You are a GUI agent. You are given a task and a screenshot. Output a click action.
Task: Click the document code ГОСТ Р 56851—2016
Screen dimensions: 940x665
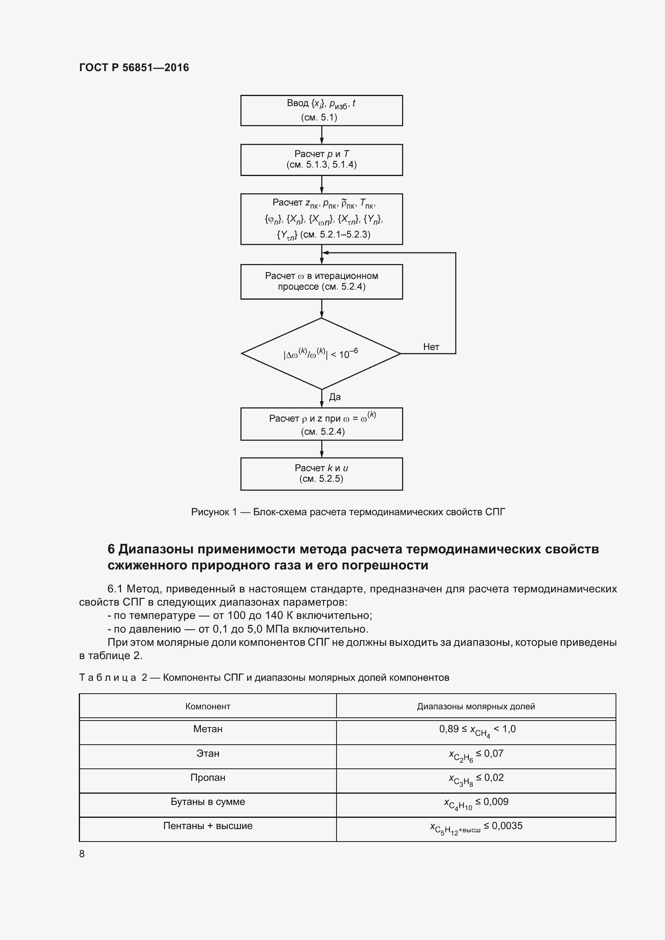(x=134, y=68)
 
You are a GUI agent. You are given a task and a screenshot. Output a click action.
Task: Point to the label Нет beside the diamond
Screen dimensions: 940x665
(x=431, y=347)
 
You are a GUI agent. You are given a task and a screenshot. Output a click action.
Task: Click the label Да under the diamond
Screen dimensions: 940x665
(x=335, y=397)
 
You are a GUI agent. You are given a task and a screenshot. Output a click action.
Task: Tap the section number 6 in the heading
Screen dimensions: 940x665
(x=111, y=549)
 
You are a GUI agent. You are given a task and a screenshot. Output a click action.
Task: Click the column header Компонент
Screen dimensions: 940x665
(x=207, y=706)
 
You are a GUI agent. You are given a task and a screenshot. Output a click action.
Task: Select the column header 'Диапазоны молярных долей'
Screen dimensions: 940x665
(x=476, y=706)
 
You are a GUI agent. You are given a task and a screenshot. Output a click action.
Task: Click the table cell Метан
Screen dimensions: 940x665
(x=207, y=729)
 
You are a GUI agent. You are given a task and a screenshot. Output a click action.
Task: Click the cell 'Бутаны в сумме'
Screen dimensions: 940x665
(x=207, y=802)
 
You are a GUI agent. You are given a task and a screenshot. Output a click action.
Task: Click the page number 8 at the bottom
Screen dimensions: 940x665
(x=82, y=854)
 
